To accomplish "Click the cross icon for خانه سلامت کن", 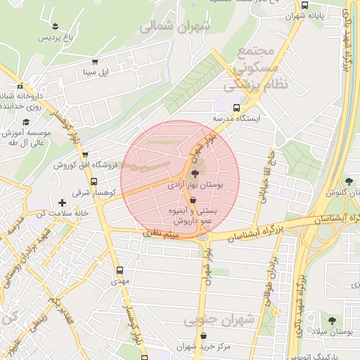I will click(x=63, y=202).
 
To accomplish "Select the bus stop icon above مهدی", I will click(x=119, y=269).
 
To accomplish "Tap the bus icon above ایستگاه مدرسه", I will click(x=236, y=108).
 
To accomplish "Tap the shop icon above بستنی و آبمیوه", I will click(x=193, y=199).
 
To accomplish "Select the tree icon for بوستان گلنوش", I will click(x=349, y=181).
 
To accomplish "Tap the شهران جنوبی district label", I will click(x=219, y=321).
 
